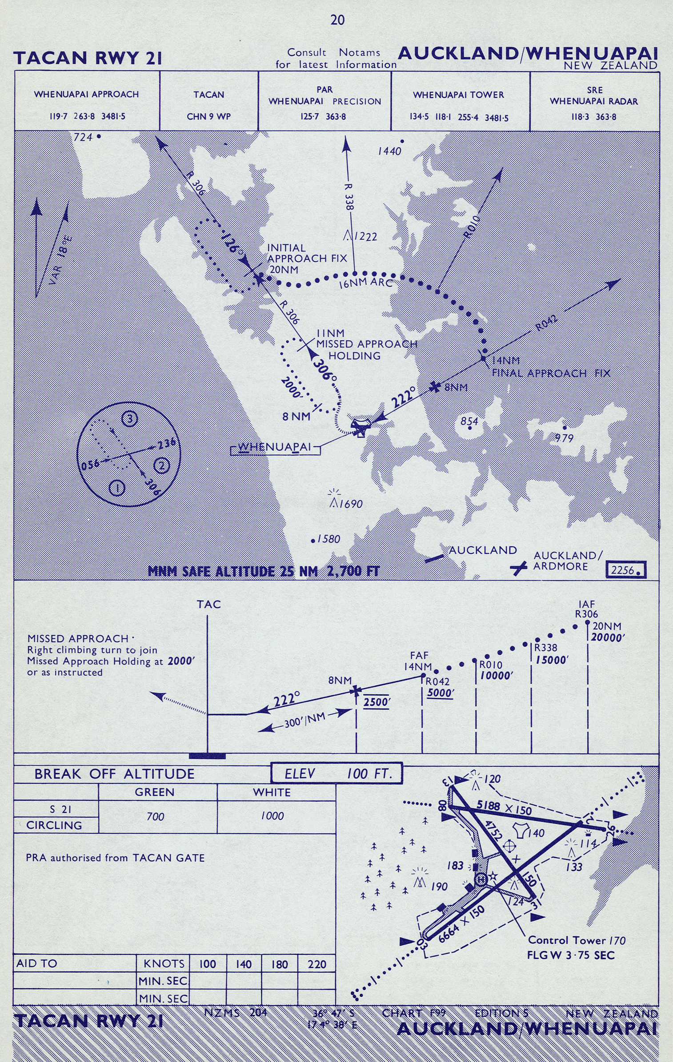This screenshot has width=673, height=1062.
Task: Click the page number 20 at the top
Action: pos(337,20)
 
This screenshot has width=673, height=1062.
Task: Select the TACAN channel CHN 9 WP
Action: pos(208,117)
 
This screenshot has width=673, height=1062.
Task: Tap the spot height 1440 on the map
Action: pos(389,151)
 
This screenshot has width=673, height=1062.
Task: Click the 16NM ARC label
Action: pos(366,282)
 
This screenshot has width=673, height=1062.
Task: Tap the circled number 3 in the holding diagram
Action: pos(130,418)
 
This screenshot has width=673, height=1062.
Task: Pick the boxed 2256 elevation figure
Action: pos(625,570)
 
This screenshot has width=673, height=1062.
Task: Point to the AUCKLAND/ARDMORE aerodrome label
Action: pos(568,561)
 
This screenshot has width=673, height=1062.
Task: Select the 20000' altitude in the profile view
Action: pos(608,637)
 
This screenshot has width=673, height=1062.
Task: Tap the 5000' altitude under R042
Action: pos(441,692)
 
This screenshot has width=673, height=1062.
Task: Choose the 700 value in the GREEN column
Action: pos(155,816)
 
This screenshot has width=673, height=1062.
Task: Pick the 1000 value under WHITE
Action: pos(272,816)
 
